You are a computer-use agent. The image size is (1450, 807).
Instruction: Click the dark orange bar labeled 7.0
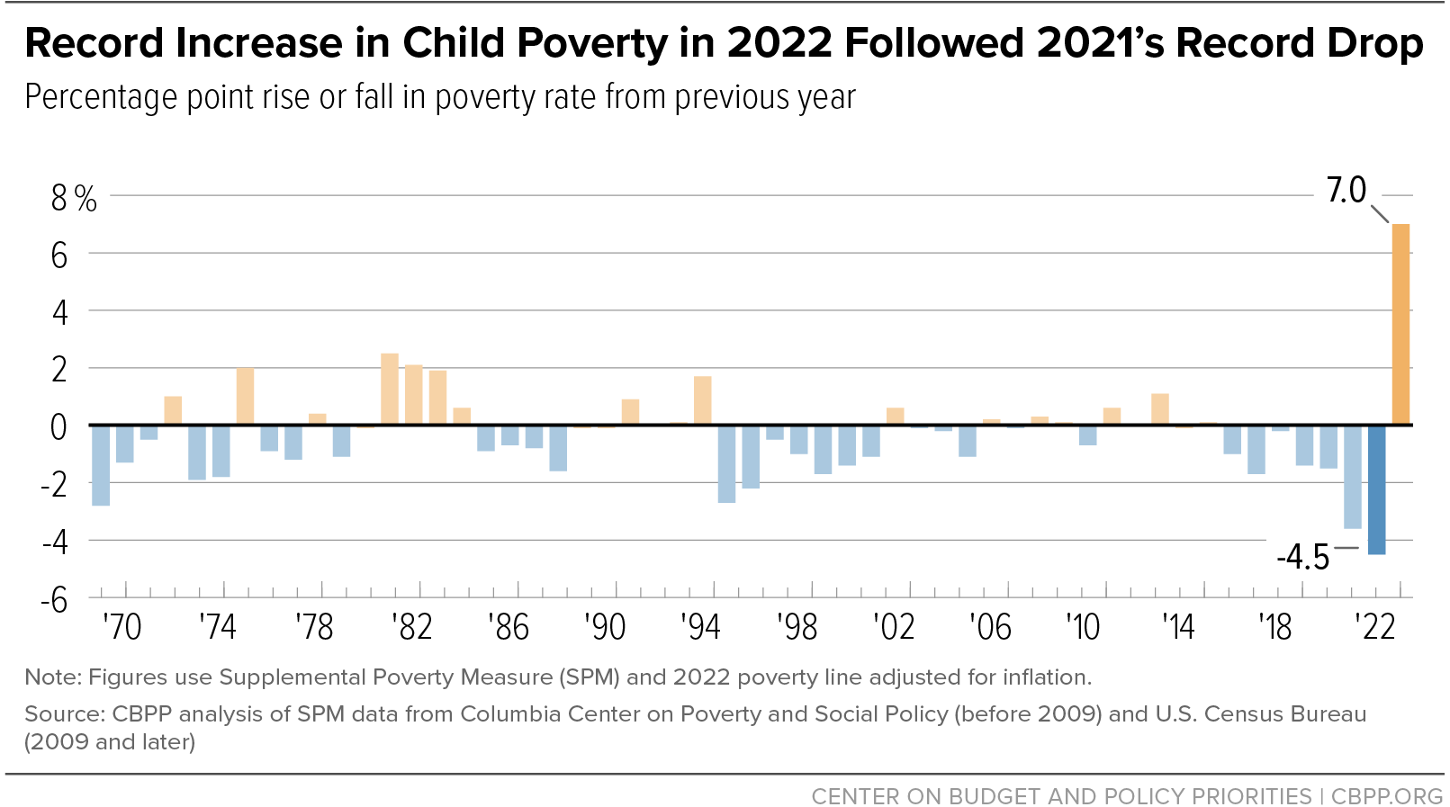tap(1400, 324)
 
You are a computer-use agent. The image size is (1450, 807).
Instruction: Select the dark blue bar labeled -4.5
tap(1377, 489)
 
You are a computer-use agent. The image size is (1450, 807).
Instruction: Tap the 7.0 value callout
tap(1346, 190)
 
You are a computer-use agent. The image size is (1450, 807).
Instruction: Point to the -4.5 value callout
tap(1303, 557)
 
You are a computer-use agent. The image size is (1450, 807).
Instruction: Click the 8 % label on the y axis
tap(74, 199)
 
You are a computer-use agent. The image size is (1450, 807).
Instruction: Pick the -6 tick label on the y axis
tap(54, 601)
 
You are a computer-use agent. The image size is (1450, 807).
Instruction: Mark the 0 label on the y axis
tap(59, 428)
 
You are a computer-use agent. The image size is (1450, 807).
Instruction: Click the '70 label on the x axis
tap(122, 627)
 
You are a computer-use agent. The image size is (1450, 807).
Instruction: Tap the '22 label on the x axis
tap(1376, 627)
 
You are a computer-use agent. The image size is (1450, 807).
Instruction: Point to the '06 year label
tap(990, 627)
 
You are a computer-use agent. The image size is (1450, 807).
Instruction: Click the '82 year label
tap(412, 627)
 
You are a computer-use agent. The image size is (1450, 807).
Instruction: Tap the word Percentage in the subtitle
tap(102, 98)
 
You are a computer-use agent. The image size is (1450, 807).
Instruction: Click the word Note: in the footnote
tap(53, 677)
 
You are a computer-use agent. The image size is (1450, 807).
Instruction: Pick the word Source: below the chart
tap(65, 713)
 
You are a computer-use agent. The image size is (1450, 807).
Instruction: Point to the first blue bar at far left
tap(101, 465)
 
